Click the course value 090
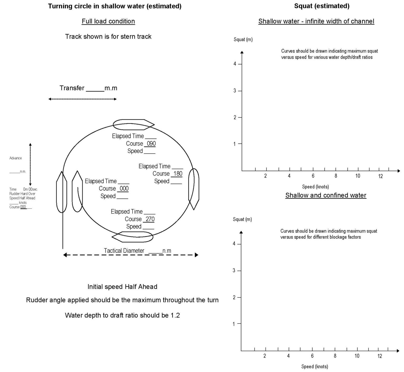tap(151, 144)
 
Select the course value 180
tap(178, 174)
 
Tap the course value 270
tap(150, 219)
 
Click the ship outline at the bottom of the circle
tap(133, 237)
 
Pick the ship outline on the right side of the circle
tap(194, 189)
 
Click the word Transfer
tap(72, 88)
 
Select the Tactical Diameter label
tap(124, 251)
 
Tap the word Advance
tap(16, 158)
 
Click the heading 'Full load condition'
tap(108, 21)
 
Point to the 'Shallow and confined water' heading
tap(326, 195)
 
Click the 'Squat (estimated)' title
tap(322, 6)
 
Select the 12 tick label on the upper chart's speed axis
tap(380, 176)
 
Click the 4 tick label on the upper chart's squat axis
tap(235, 64)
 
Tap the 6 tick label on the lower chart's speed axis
tap(312, 356)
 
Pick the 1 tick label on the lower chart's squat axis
tap(234, 324)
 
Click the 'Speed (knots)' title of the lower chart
tap(315, 366)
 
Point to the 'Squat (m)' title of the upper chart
tap(243, 40)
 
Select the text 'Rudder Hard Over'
tap(22, 194)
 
